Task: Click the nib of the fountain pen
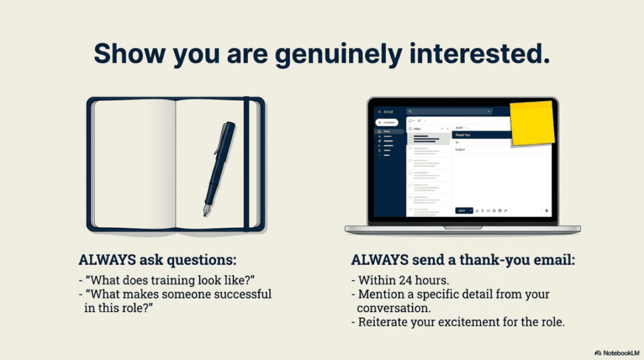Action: pyautogui.click(x=206, y=210)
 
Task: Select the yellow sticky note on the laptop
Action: pyautogui.click(x=532, y=123)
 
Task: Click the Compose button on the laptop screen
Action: pyautogui.click(x=387, y=122)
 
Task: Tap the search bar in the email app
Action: pyautogui.click(x=449, y=111)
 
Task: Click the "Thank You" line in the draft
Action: pyautogui.click(x=481, y=135)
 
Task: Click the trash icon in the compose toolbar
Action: pyautogui.click(x=547, y=210)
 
